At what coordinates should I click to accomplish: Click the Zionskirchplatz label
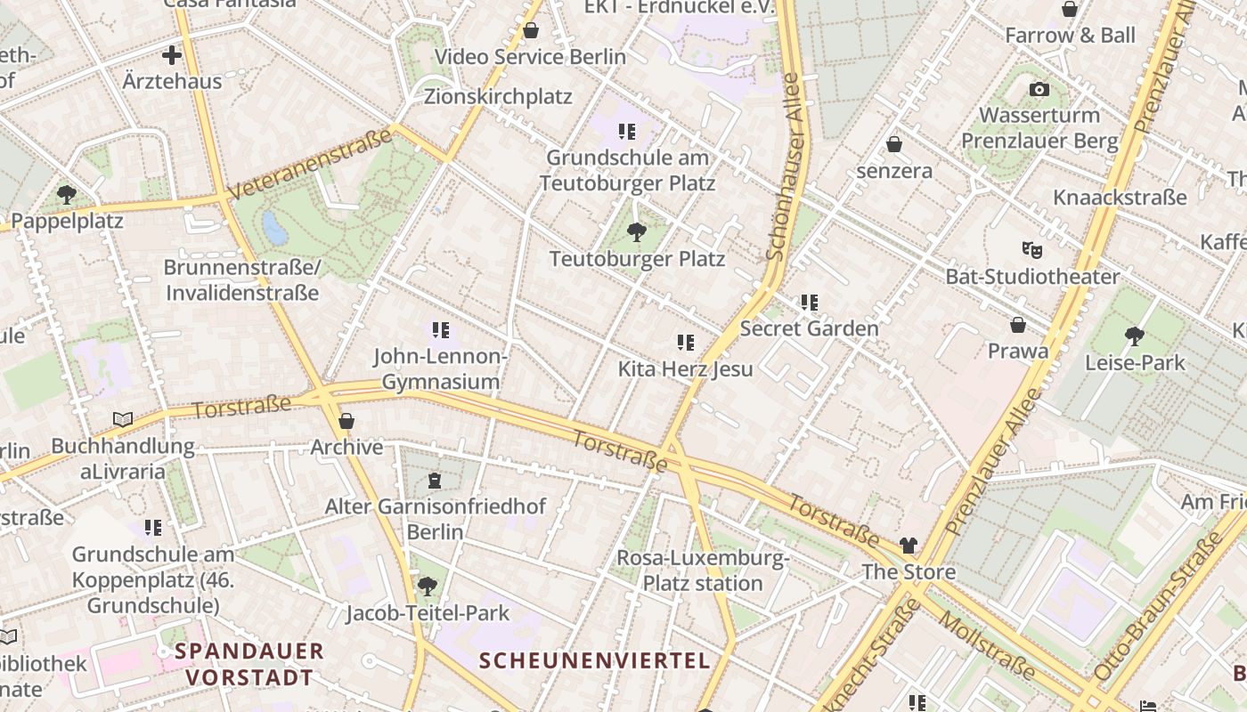pyautogui.click(x=498, y=96)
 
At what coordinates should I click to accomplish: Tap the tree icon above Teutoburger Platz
pyautogui.click(x=636, y=233)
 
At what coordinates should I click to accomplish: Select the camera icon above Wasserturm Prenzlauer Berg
pyautogui.click(x=1039, y=89)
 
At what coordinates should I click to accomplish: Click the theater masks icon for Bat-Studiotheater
pyautogui.click(x=1031, y=250)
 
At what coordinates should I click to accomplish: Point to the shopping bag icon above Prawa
pyautogui.click(x=1018, y=325)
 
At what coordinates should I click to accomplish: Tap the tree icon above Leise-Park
pyautogui.click(x=1134, y=336)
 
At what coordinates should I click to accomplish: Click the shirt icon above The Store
pyautogui.click(x=908, y=546)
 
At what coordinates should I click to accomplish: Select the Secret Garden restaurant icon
pyautogui.click(x=809, y=303)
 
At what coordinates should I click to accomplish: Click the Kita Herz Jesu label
pyautogui.click(x=685, y=368)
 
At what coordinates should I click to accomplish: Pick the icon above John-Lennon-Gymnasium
pyautogui.click(x=440, y=330)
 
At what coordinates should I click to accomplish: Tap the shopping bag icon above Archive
pyautogui.click(x=346, y=421)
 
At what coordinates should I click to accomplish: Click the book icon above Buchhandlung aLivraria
pyautogui.click(x=122, y=419)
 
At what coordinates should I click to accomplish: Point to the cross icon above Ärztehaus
pyautogui.click(x=172, y=56)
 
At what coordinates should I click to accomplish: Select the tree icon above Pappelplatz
pyautogui.click(x=66, y=194)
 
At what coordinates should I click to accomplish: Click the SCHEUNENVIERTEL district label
pyautogui.click(x=595, y=660)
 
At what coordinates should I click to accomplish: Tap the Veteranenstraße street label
pyautogui.click(x=310, y=165)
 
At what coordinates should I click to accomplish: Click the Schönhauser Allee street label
pyautogui.click(x=784, y=166)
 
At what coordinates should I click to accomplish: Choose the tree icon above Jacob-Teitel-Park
pyautogui.click(x=428, y=586)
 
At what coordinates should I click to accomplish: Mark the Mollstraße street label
pyautogui.click(x=988, y=646)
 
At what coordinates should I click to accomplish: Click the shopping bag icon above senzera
pyautogui.click(x=894, y=144)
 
